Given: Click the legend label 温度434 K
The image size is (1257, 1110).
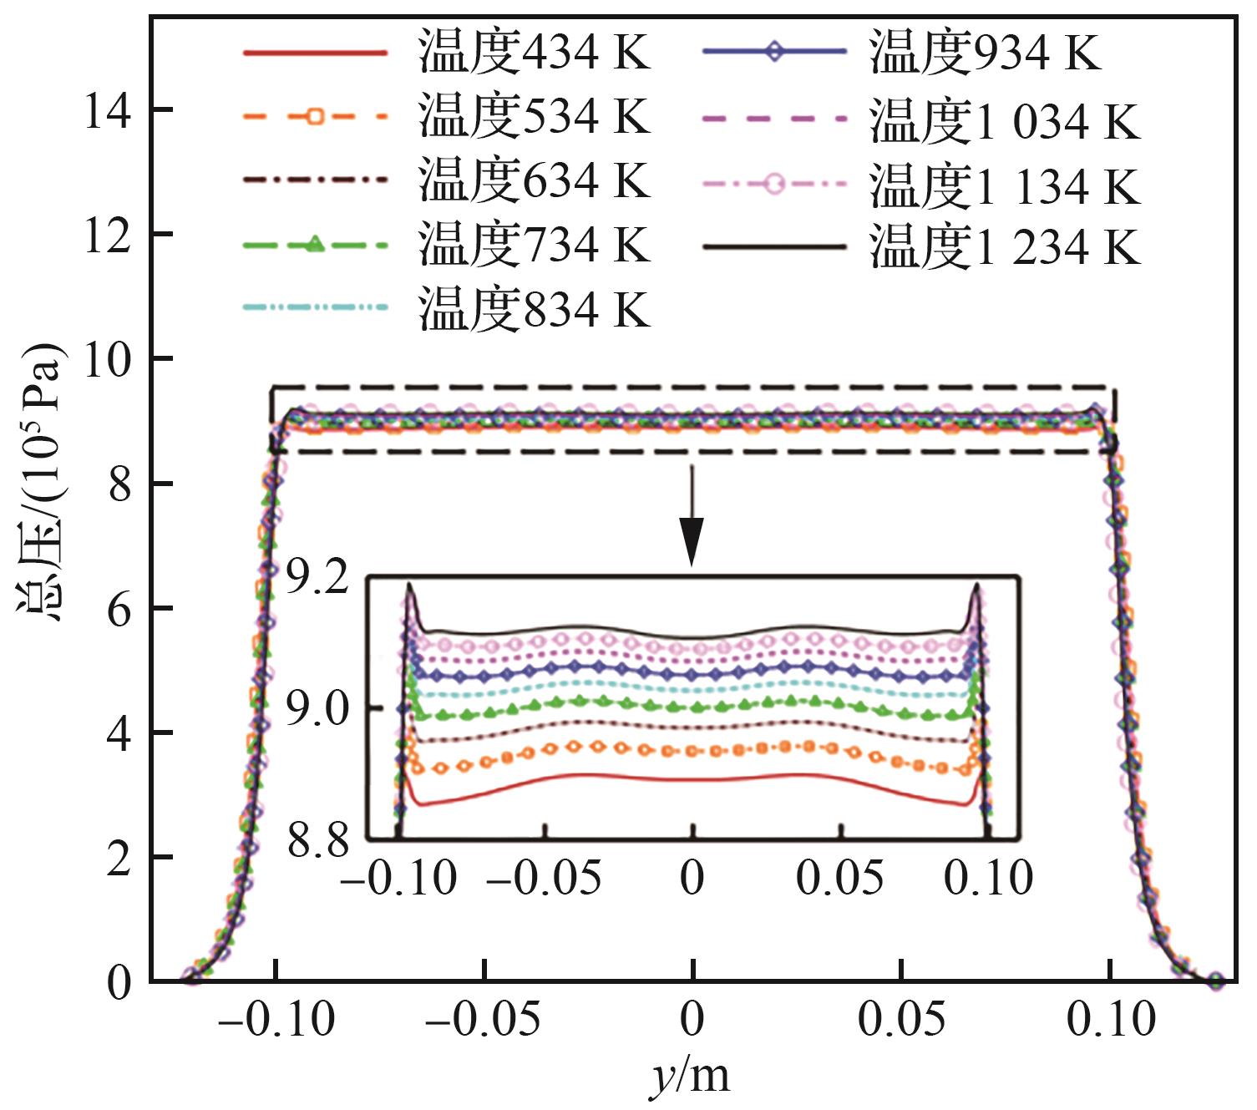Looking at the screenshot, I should tap(534, 52).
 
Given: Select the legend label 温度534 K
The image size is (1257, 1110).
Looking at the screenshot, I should tap(534, 116).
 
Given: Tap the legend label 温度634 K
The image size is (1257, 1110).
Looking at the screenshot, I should tap(534, 180).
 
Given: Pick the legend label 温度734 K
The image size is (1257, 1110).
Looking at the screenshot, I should tap(534, 245).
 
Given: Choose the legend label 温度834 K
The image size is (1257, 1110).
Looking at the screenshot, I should tap(534, 309).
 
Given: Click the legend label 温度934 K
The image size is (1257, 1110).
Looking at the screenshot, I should tap(985, 52).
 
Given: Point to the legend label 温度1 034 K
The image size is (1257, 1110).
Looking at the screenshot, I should tap(1004, 121).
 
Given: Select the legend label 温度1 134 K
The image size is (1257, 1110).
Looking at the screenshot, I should tap(1004, 185).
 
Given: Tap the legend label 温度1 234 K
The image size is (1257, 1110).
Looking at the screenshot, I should tap(1004, 247).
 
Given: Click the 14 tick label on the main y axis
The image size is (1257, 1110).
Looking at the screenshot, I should tap(107, 111).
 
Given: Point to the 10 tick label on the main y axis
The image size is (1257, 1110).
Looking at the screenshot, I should tap(107, 360).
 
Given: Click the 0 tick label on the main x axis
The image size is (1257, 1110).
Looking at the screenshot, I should tap(692, 1019).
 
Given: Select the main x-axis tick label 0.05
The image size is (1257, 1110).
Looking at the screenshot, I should tap(902, 1019).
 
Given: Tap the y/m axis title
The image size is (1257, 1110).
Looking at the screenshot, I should tap(690, 1077).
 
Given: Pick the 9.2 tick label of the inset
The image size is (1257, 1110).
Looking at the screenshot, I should tap(317, 579).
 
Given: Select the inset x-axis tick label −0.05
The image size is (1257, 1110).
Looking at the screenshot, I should tap(544, 879).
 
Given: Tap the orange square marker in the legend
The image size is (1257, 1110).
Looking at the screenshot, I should tap(314, 116).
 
